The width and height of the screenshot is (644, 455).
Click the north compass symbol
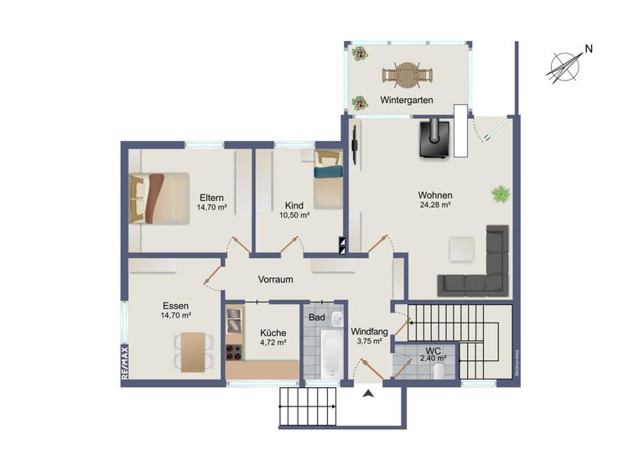(x=566, y=66)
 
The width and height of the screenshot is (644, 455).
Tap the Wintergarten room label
(x=406, y=100)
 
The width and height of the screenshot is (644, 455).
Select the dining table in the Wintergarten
(x=408, y=75)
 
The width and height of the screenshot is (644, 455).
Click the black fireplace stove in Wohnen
(x=435, y=138)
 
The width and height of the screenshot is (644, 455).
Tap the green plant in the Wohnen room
(x=501, y=194)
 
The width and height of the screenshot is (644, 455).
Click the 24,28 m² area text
(x=435, y=204)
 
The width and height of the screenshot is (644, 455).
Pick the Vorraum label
(x=275, y=279)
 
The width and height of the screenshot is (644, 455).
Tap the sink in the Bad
(x=335, y=319)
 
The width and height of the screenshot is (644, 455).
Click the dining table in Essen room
(x=191, y=350)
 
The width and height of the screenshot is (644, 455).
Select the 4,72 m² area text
(x=273, y=342)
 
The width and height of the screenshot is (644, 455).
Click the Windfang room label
(x=369, y=331)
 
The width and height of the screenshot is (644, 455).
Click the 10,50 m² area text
(x=293, y=215)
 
